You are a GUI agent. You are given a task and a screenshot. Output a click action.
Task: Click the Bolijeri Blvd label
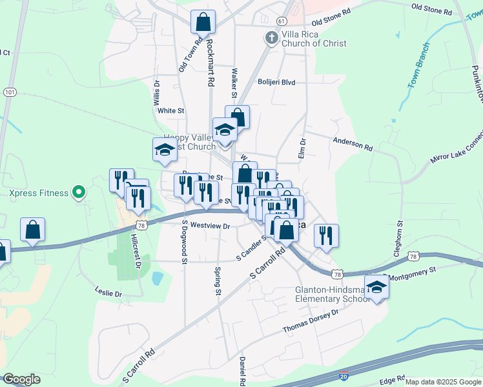[276, 83]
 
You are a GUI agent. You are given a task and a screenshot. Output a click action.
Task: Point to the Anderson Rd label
[353, 143]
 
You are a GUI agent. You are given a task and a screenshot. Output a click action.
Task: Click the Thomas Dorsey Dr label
[311, 321]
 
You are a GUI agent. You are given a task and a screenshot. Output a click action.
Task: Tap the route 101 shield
[9, 92]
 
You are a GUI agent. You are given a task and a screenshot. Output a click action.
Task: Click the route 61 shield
[281, 21]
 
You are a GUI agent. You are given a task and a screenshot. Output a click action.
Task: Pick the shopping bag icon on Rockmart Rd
[203, 22]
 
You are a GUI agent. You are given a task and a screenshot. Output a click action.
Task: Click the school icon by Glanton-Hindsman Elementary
[376, 288]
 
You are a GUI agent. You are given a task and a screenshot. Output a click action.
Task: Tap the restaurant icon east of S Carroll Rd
[326, 235]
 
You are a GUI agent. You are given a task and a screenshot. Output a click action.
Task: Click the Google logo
[21, 379]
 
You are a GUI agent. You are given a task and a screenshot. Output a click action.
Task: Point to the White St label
[171, 111]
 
